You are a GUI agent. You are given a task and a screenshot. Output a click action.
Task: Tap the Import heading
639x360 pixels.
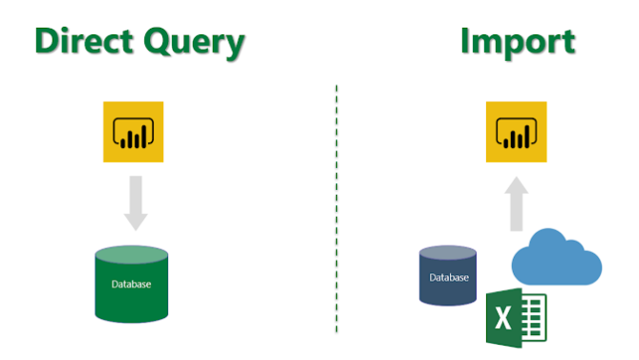[518, 42]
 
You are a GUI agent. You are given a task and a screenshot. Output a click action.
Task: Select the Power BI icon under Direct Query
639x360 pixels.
[135, 133]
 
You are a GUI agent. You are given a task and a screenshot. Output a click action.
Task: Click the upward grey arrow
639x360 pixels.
[517, 204]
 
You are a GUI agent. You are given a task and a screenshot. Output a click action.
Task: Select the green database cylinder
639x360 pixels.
[132, 284]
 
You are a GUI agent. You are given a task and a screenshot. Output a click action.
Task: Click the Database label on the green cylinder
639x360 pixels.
[132, 284]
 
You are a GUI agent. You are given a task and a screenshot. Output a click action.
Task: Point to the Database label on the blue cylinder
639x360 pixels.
[448, 278]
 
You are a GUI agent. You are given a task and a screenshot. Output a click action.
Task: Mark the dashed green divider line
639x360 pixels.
[336, 210]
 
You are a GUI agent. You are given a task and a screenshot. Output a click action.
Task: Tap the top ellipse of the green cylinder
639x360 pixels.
[132, 255]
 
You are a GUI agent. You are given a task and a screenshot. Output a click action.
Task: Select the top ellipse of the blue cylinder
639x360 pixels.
[448, 253]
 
